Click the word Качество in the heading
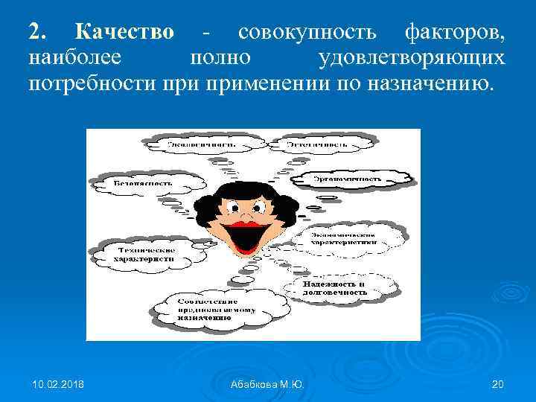(x=124, y=32)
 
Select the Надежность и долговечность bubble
(x=334, y=288)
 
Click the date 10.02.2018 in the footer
(x=58, y=384)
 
